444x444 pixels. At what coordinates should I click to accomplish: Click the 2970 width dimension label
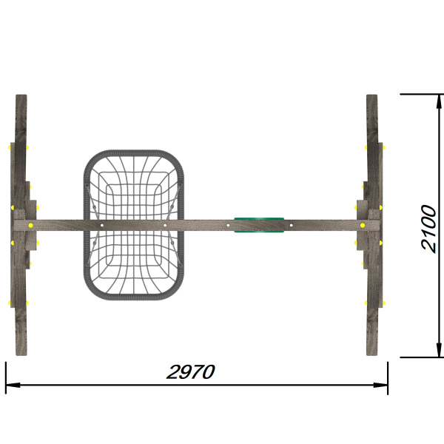191,371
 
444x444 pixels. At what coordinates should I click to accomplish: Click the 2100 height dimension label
428,228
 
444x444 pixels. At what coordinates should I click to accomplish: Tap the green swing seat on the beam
259,225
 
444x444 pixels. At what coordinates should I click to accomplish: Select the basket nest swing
134,225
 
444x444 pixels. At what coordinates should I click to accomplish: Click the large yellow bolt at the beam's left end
30,226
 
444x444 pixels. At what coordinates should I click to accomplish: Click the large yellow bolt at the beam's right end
363,226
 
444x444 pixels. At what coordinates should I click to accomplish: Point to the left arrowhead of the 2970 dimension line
13,385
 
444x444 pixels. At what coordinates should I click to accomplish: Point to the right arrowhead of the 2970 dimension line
380,385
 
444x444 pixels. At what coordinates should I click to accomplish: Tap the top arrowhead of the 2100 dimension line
439,101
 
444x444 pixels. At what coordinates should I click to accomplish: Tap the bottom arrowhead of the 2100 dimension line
439,350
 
